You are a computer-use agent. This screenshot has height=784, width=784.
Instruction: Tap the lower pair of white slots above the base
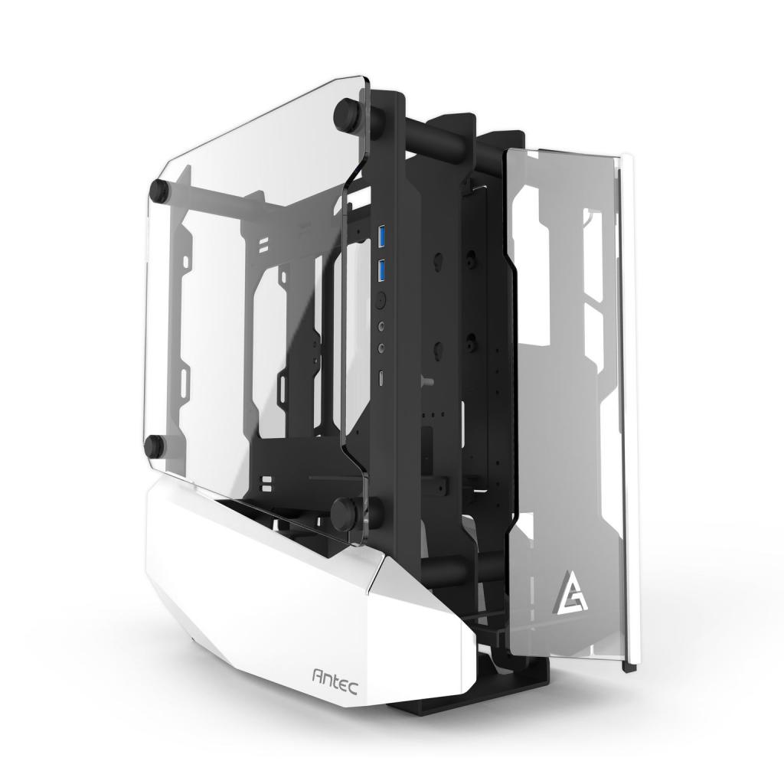point(267,482)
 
